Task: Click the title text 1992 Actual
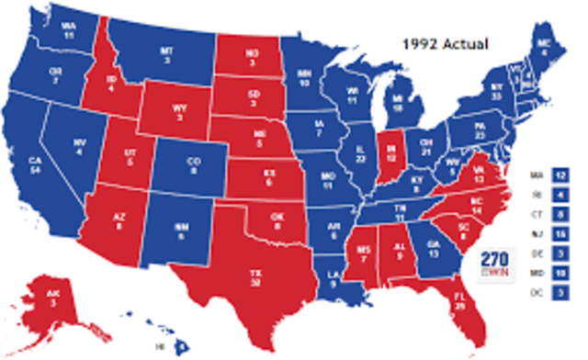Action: [x=446, y=42]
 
